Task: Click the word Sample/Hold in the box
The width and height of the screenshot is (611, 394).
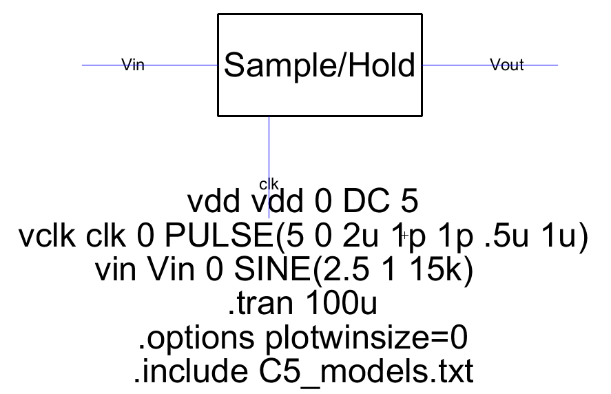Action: [x=320, y=66]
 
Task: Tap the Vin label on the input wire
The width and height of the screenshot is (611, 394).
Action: [x=133, y=65]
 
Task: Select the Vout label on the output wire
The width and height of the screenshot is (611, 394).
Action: [x=506, y=65]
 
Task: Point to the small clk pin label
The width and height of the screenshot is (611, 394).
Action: [x=269, y=183]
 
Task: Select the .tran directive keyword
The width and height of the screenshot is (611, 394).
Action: [x=254, y=304]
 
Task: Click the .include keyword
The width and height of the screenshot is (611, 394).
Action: [x=185, y=373]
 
